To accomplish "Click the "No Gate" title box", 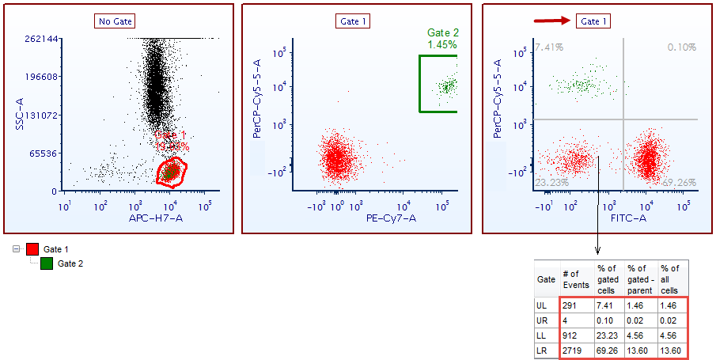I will pos(115,21).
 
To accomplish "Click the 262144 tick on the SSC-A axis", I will pos(41,39).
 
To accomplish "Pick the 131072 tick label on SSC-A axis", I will pos(41,115).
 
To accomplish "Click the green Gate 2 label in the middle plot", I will pos(443,32).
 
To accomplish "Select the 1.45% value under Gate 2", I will pos(443,45).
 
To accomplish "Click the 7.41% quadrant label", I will pos(548,47).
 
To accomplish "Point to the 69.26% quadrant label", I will pos(680,183).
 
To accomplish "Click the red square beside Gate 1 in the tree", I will pos(32,249).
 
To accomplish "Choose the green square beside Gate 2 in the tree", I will pos(47,263).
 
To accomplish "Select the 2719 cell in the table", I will pos(573,350).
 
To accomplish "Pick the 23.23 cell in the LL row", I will pos(606,335).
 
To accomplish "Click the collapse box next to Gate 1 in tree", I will pos(17,249).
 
